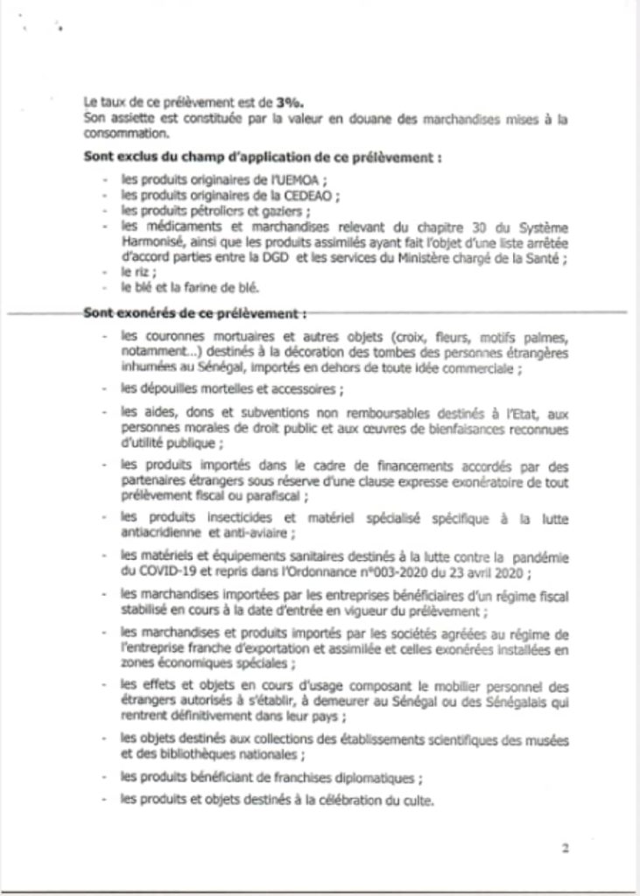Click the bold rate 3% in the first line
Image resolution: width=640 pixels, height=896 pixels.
[x=270, y=102]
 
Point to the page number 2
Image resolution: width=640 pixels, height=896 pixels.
[x=566, y=847]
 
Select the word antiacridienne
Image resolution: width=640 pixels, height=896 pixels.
[x=163, y=535]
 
